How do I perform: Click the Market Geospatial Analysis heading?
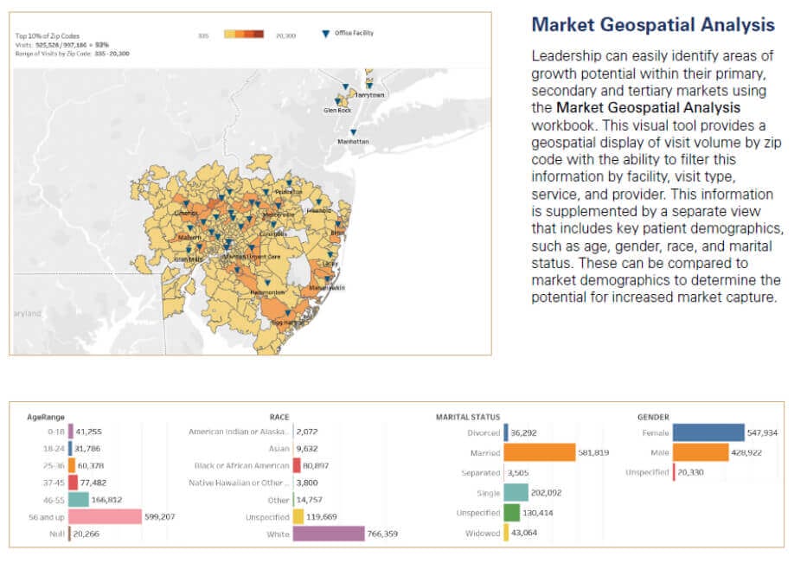[653, 24]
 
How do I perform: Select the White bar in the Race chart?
[328, 534]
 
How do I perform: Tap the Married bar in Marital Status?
[540, 452]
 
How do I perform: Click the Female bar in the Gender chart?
[708, 432]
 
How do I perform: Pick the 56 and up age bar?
[105, 516]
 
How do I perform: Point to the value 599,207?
[162, 516]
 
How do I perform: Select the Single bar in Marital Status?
[516, 493]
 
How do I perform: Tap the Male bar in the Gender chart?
[701, 452]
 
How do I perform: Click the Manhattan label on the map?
[352, 141]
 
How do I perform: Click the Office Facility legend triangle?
[325, 34]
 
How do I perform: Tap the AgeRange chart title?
[42, 417]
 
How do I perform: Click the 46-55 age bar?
[79, 499]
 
